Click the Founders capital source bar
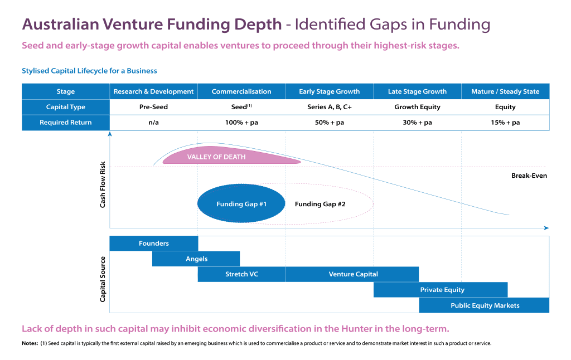click(154, 243)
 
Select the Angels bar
click(196, 259)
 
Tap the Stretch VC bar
click(242, 274)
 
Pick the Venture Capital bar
click(352, 274)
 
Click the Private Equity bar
click(441, 290)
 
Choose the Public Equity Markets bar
click(484, 305)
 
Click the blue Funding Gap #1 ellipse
click(241, 203)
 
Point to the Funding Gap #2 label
click(320, 204)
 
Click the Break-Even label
click(529, 176)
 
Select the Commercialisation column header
click(241, 91)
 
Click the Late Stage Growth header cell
click(417, 91)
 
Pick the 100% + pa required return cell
click(241, 123)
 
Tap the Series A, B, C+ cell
click(330, 107)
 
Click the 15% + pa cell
click(505, 123)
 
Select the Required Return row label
click(66, 123)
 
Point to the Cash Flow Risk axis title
click(103, 184)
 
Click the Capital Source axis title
click(103, 279)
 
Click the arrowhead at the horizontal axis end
click(546, 228)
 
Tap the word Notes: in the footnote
click(30, 343)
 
